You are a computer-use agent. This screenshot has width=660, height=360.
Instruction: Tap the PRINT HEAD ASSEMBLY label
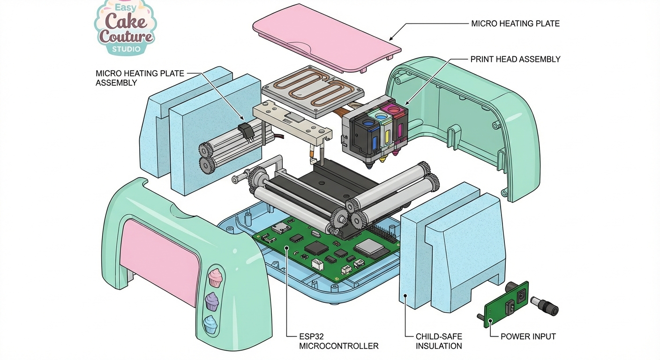[x=515, y=60]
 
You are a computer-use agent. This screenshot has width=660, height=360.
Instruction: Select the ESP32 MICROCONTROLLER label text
[x=338, y=341]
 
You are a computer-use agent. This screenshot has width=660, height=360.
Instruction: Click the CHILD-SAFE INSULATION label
[x=439, y=341]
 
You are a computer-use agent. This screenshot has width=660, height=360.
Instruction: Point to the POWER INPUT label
[x=528, y=337]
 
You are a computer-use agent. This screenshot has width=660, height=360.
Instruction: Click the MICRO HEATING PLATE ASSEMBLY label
[x=140, y=78]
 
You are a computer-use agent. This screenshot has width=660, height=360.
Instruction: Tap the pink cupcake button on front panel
[x=215, y=277]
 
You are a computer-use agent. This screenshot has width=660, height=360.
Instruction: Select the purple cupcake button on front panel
[x=212, y=301]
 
